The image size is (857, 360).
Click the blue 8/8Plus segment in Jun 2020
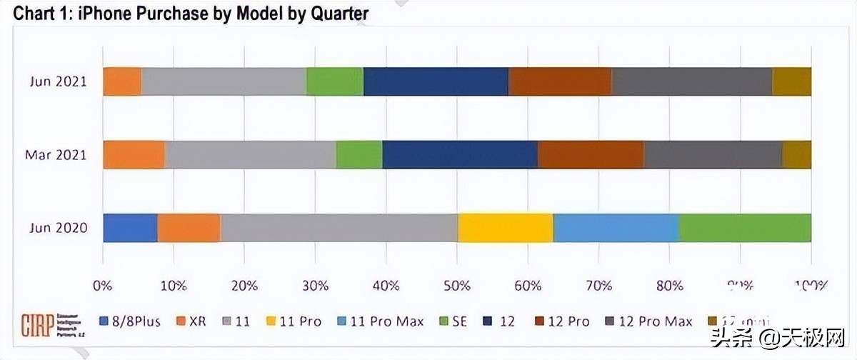(x=130, y=228)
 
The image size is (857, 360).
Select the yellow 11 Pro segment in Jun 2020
(x=505, y=228)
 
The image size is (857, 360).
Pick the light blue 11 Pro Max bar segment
(x=616, y=228)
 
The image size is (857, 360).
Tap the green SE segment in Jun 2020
(x=745, y=228)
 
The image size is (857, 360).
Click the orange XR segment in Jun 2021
(x=122, y=81)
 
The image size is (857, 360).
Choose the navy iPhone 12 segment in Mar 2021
(x=460, y=155)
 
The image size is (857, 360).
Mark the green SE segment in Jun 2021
(x=335, y=81)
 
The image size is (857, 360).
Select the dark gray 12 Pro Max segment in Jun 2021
(x=692, y=81)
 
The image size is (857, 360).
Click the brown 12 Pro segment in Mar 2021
(x=591, y=155)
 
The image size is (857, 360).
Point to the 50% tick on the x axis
(x=457, y=286)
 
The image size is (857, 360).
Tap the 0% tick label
(x=103, y=286)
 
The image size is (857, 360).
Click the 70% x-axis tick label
(x=598, y=286)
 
